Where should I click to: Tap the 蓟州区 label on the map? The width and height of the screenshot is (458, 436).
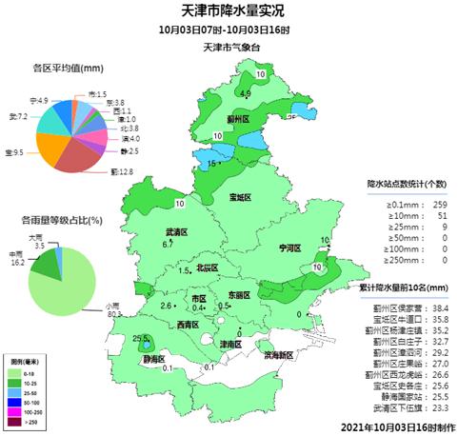tap(237, 120)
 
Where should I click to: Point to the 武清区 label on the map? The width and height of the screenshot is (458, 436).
tap(176, 231)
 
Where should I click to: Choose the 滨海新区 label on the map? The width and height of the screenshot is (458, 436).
tap(277, 354)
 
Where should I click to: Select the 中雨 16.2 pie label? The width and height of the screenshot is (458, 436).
tap(15, 258)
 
